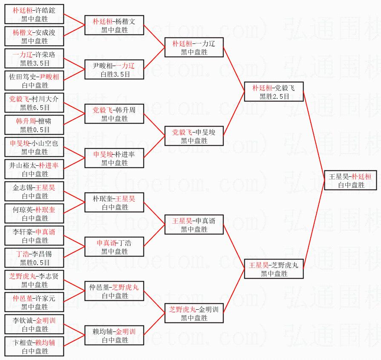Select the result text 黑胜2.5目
point(274,97)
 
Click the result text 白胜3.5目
point(114,75)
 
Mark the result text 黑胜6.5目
point(34,107)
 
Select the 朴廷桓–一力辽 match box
point(194,47)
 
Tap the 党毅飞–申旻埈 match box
point(194,136)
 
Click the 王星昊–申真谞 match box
point(194,225)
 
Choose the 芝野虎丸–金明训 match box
point(194,313)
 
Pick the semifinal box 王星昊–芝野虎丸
point(274,269)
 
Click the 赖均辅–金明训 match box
point(114,335)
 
